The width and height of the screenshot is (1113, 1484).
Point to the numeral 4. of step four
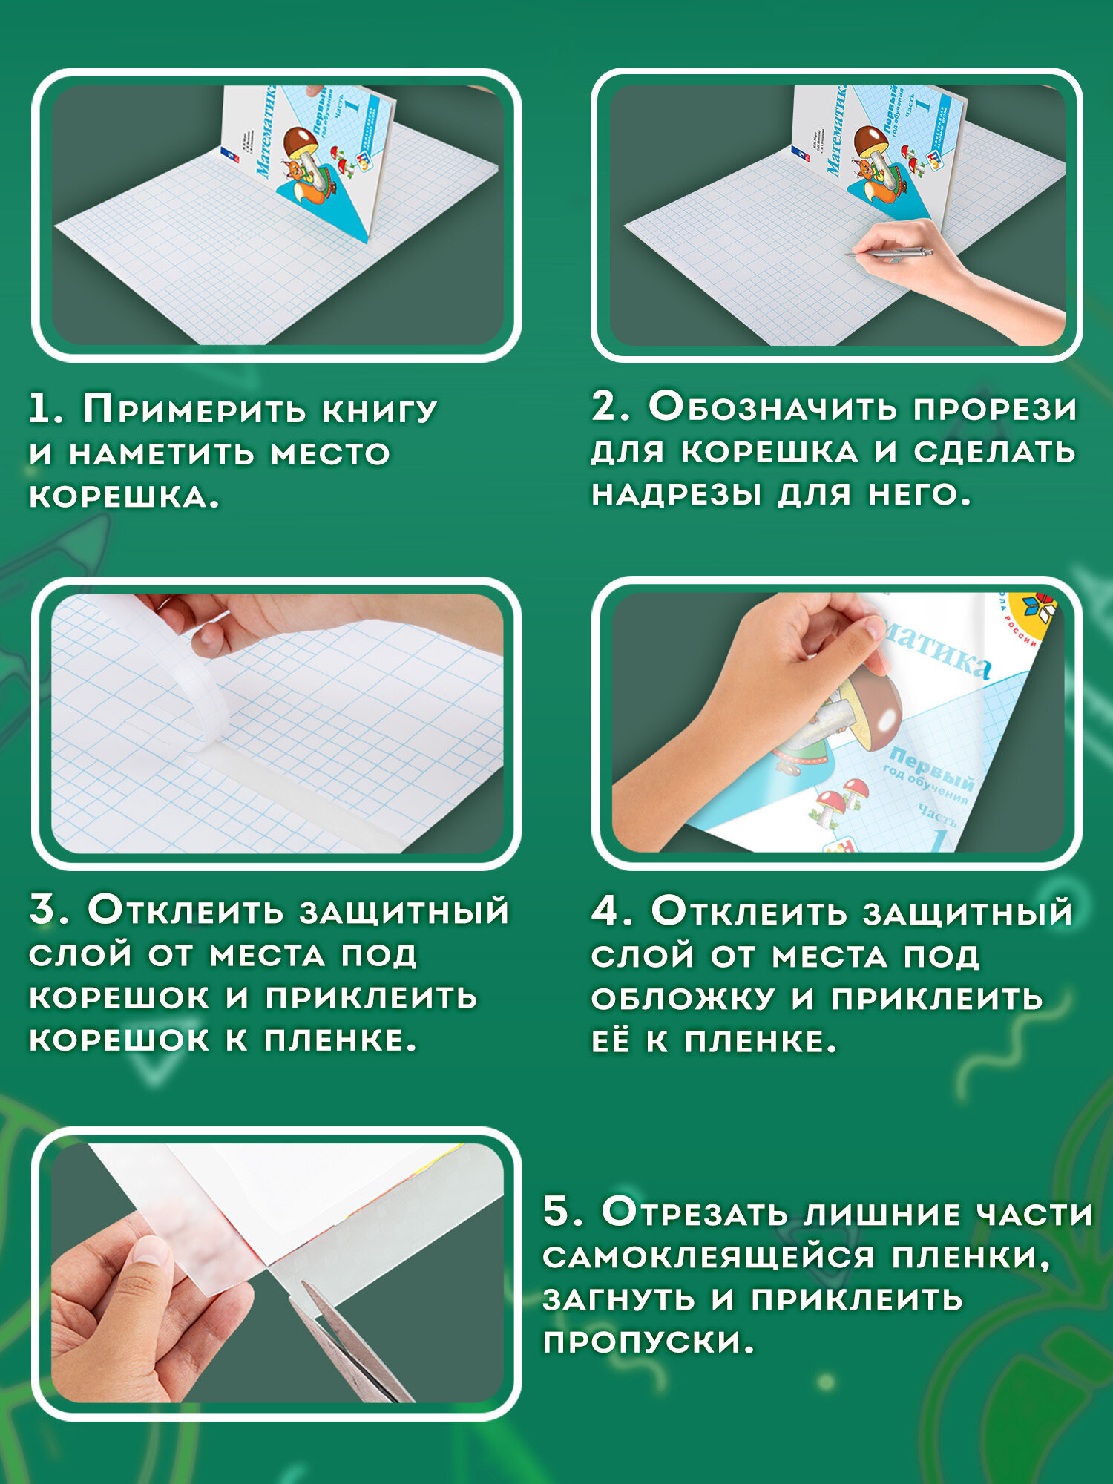(x=612, y=911)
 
